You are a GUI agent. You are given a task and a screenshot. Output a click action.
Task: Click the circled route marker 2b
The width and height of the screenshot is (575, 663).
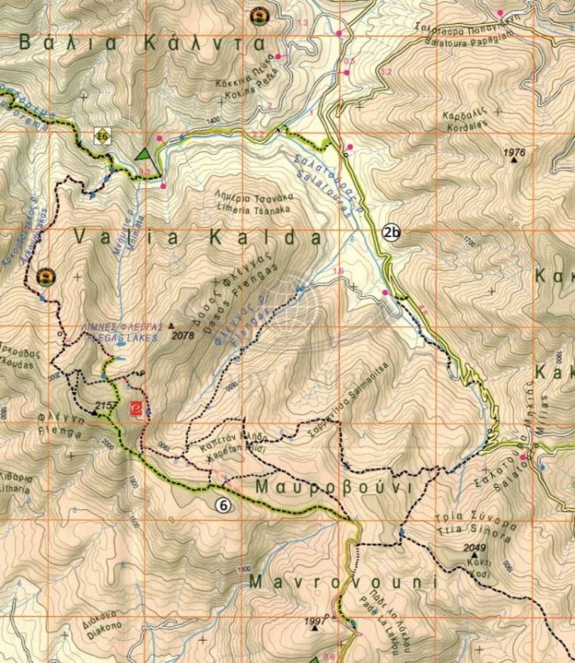click(x=392, y=233)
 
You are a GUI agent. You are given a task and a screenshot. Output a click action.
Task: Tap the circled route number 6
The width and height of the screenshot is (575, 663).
click(x=223, y=506)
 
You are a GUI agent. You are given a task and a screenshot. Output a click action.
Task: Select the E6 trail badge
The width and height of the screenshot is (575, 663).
click(x=103, y=136)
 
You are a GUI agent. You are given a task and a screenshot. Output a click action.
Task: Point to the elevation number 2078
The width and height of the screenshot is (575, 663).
click(x=183, y=336)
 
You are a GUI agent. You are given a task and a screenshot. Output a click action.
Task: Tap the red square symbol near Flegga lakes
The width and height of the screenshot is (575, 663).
click(x=135, y=408)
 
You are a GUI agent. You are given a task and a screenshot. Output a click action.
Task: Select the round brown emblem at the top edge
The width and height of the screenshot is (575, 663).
click(x=258, y=15)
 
